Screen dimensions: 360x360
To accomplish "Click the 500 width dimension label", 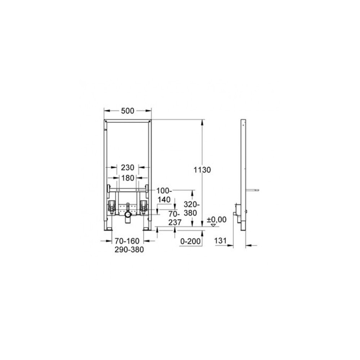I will [x=127, y=111].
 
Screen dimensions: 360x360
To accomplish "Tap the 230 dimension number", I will [x=128, y=167].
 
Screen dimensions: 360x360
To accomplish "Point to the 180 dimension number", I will [x=128, y=178].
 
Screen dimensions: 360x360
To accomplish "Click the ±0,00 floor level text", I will [x=217, y=219].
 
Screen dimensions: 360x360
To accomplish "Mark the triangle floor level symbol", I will [x=214, y=225].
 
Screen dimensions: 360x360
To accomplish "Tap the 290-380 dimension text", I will [x=127, y=250].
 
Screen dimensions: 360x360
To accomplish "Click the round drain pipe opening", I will [x=127, y=216].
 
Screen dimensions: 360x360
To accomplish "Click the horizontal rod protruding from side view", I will [x=254, y=189].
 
